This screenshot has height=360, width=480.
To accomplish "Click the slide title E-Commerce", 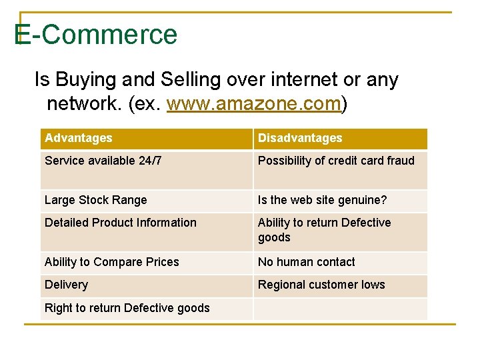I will (x=96, y=35).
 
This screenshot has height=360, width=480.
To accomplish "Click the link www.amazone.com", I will (x=253, y=104).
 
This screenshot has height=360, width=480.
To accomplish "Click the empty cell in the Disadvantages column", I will (x=340, y=308).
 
